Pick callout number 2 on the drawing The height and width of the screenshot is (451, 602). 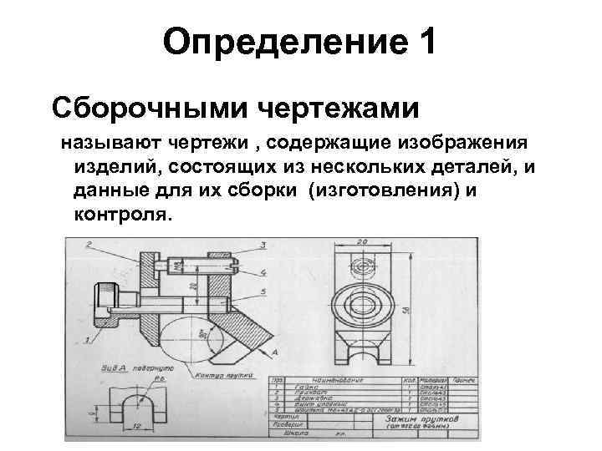(89, 244)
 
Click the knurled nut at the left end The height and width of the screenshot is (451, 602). (107, 299)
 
